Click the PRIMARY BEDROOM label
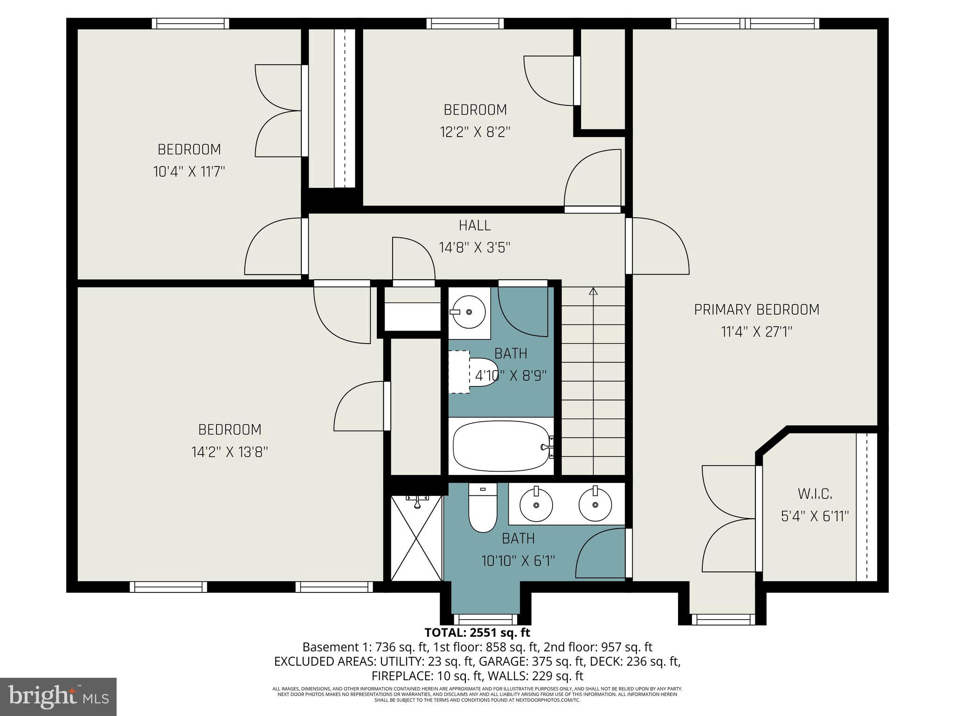click(x=756, y=310)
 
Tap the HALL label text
click(x=475, y=226)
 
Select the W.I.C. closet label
click(x=815, y=494)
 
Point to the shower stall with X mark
click(x=416, y=539)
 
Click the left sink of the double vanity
click(x=536, y=504)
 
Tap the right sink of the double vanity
click(x=595, y=504)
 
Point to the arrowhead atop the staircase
click(x=593, y=291)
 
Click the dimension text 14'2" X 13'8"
click(x=229, y=452)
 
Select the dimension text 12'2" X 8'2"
click(x=475, y=132)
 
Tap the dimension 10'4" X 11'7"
click(x=189, y=172)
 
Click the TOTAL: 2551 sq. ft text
click(x=477, y=633)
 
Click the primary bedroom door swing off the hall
click(x=657, y=246)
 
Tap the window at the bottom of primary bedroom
click(x=723, y=620)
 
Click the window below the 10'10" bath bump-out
click(x=485, y=620)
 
